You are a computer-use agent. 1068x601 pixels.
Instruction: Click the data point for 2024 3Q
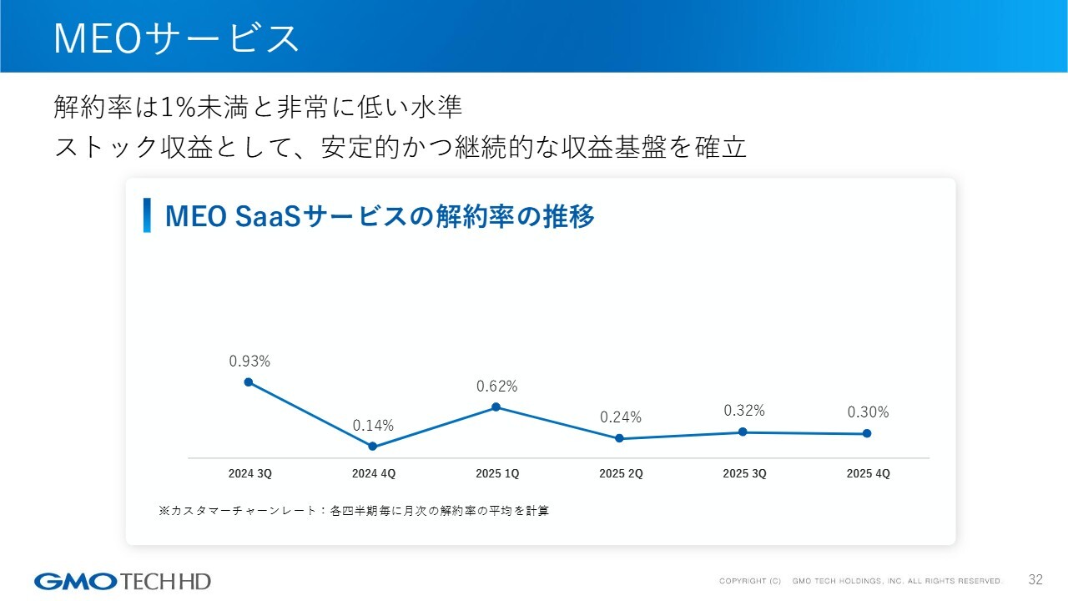pos(249,381)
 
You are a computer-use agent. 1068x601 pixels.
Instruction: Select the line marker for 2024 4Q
pos(372,447)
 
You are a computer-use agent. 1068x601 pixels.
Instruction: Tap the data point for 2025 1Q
pos(496,407)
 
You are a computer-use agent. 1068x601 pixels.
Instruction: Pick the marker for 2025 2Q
pos(619,438)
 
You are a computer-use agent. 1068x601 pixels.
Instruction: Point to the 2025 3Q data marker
pos(743,432)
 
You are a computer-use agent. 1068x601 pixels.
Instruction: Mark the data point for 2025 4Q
pos(867,433)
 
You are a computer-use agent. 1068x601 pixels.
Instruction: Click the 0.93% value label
pos(249,361)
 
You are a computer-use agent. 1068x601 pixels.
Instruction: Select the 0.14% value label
pos(373,426)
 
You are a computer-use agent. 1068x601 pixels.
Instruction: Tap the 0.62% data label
pos(496,386)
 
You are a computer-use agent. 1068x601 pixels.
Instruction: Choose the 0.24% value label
pos(620,417)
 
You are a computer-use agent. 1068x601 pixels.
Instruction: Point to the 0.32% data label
pos(743,411)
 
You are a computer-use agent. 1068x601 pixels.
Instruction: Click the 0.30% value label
pos(868,412)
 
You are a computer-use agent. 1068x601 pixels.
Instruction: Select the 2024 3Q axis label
pos(249,473)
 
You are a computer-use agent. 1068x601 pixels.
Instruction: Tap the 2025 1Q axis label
pos(497,473)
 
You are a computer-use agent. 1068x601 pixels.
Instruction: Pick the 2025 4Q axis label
pos(868,473)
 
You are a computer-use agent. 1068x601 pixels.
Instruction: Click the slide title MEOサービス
pos(176,38)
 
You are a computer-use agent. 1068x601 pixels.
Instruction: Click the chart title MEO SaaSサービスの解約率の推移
pos(380,216)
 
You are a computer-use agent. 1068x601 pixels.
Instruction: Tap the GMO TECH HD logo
pos(123,581)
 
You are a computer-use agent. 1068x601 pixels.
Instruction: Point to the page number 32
pos(1035,579)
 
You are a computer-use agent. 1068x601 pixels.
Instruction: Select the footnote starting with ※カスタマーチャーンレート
pos(354,510)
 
